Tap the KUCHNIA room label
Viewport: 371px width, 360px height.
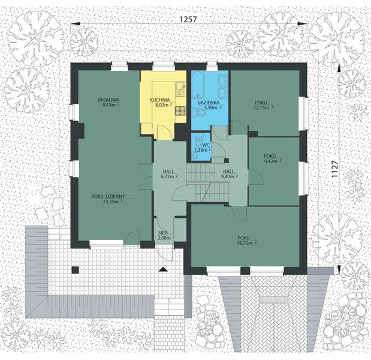coord(160,100)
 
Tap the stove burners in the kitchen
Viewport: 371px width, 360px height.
coord(179,110)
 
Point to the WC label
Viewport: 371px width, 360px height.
coord(205,145)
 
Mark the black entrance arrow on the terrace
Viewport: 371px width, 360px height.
coord(162,270)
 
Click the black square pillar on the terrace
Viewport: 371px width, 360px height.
coord(75,270)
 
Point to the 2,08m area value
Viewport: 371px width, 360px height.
coord(164,238)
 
